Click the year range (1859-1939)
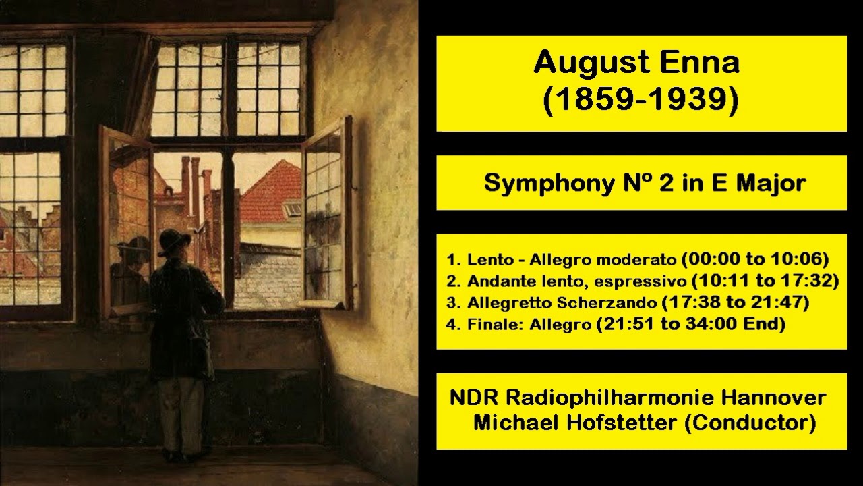[x=641, y=99]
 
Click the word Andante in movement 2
[x=495, y=281]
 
